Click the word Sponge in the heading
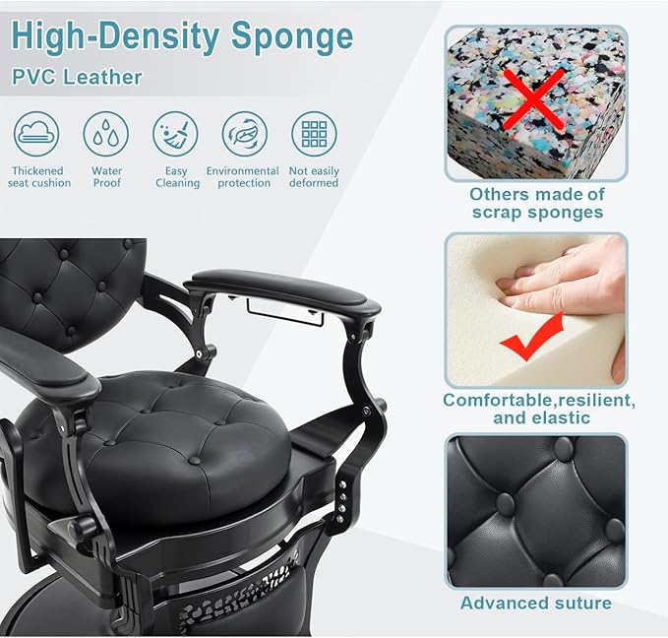292,37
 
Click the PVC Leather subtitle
77,77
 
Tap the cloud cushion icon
36,134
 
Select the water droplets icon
105,134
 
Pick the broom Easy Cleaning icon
175,134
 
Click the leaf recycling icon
245,134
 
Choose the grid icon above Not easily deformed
314,134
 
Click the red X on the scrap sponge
534,98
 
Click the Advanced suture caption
536,603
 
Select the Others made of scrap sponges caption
537,203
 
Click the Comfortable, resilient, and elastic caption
539,409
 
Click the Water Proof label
107,177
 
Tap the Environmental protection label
243,177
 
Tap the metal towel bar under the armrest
284,313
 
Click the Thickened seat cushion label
39,177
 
